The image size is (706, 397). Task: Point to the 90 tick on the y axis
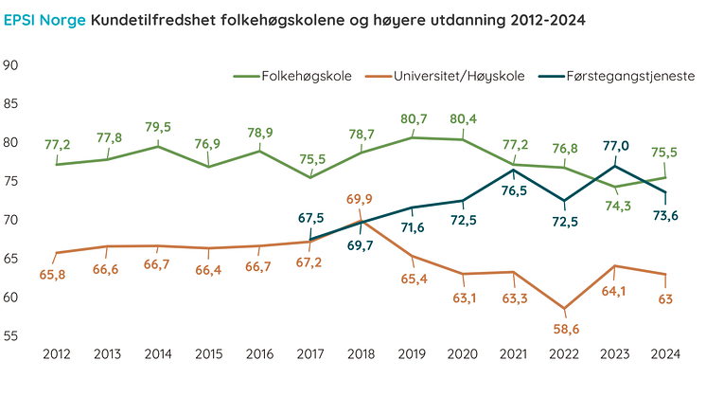tap(12, 65)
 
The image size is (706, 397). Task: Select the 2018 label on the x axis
tap(361, 354)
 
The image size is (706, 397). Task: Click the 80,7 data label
tap(411, 119)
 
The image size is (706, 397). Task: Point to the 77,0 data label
tap(615, 146)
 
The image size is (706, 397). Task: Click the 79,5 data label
tap(157, 127)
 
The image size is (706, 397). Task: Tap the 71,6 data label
tap(411, 228)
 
